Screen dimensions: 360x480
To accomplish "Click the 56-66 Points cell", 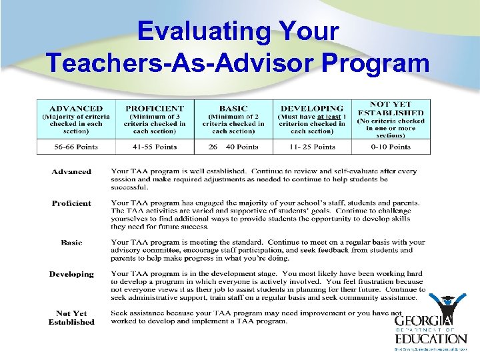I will coord(76,147).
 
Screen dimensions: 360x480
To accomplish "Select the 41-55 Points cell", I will coord(155,147).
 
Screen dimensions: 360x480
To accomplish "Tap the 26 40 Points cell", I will coord(233,147).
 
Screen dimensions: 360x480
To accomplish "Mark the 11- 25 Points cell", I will coord(312,147).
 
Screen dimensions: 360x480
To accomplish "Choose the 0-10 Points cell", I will coord(391,147).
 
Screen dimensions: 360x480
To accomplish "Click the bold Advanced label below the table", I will coord(71,171).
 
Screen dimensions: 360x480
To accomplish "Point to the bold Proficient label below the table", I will coord(71,203).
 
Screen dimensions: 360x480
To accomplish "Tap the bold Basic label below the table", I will coord(71,243).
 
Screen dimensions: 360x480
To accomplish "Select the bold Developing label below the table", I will coord(71,274).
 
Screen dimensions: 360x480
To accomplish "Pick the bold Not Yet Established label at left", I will coord(71,317).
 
